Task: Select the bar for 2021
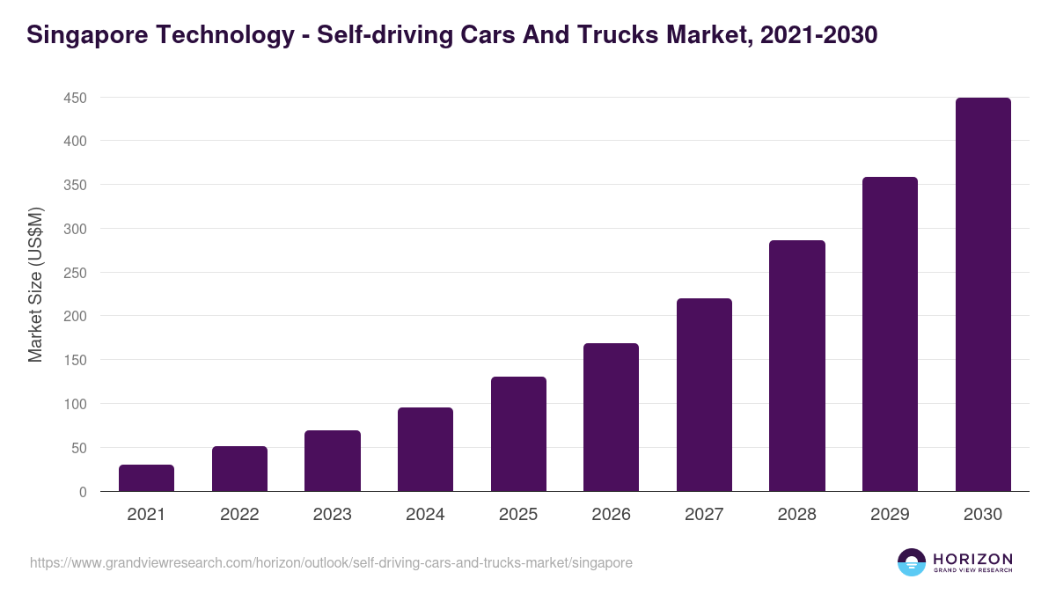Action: tap(146, 478)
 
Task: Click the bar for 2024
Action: tap(425, 450)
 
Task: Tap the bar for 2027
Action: tap(704, 395)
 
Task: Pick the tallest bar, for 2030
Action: tap(983, 295)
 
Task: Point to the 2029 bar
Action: tap(890, 334)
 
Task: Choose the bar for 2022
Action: tap(239, 469)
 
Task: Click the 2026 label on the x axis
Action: tap(611, 515)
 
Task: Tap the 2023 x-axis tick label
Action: tap(332, 515)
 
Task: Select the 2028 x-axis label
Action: tap(796, 515)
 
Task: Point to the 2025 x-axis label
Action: tap(518, 515)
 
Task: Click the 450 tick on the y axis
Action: tap(75, 98)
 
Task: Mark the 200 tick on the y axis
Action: tap(75, 317)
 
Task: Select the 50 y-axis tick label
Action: tap(78, 448)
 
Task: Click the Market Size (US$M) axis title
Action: tap(35, 284)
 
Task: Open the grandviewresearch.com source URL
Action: tap(331, 562)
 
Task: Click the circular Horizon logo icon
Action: tap(912, 562)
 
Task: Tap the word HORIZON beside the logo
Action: tap(972, 559)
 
